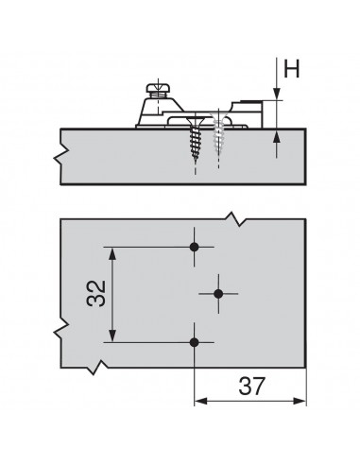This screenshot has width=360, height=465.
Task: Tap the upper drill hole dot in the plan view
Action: pyautogui.click(x=195, y=248)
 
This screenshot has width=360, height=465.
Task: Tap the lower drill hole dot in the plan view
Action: pyautogui.click(x=195, y=341)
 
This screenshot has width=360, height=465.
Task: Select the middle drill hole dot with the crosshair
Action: pyautogui.click(x=218, y=295)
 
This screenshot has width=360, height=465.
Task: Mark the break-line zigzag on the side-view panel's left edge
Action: pyautogui.click(x=62, y=152)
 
